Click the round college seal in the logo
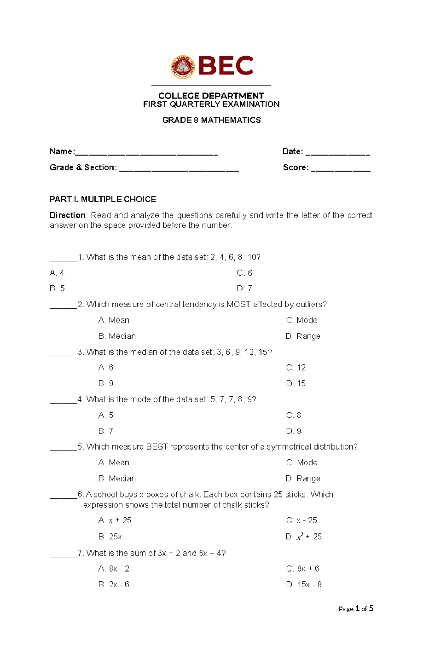coord(183,67)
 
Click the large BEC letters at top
coord(226,66)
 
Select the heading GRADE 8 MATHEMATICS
coord(211,120)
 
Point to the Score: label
coord(295,167)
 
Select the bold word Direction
coord(67,215)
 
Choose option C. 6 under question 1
coord(244,273)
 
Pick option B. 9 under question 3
coord(106,383)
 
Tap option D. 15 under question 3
coord(295,383)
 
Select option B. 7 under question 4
coord(106,431)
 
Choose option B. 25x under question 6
coord(110,537)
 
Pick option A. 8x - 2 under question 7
coord(114,568)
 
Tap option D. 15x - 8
coord(304,584)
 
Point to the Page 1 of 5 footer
coord(356,609)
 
